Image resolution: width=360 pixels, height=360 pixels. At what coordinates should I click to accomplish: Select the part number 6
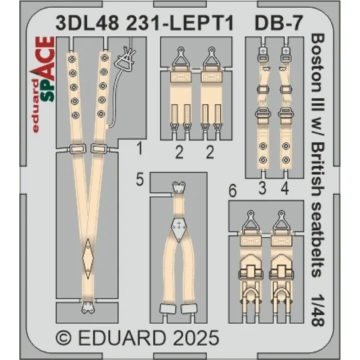pyautogui.click(x=231, y=190)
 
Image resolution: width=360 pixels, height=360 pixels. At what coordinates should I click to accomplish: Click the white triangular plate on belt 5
pyautogui.click(x=179, y=227)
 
